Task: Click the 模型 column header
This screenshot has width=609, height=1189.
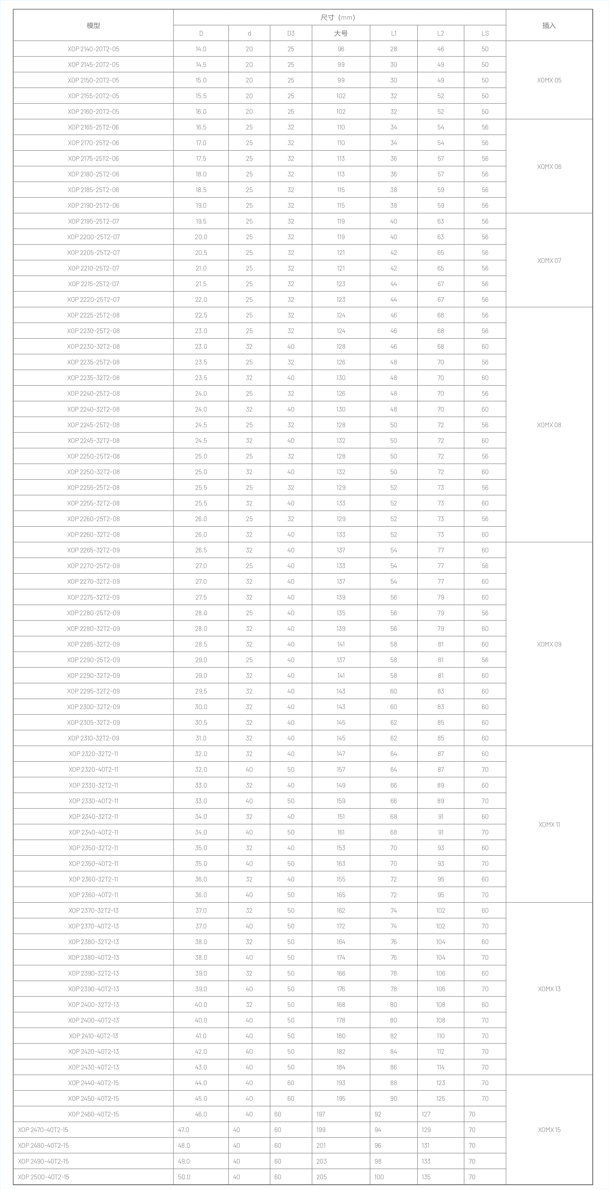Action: [93, 25]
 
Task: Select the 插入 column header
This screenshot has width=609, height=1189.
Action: [549, 25]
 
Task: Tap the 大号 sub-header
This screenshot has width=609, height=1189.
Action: [341, 33]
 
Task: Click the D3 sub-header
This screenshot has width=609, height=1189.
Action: [291, 33]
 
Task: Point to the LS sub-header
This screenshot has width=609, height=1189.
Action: [485, 33]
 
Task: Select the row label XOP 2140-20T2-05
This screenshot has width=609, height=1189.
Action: [93, 49]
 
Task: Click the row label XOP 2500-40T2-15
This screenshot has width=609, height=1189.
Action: [43, 1177]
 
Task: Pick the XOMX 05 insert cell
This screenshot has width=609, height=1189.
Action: [549, 80]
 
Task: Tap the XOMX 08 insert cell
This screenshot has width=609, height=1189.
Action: [549, 425]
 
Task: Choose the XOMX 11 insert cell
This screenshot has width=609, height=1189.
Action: [549, 824]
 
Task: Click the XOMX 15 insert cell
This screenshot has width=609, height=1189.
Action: [549, 1129]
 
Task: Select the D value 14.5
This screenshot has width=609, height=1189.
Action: [201, 65]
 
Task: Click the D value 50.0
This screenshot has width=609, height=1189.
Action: [184, 1177]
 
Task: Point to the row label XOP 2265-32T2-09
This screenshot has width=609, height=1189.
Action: [93, 550]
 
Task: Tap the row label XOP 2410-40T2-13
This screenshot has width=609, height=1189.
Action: [93, 1036]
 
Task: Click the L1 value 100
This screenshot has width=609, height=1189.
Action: [379, 1177]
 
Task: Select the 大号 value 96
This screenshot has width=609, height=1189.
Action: [341, 49]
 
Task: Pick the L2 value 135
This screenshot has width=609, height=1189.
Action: [426, 1177]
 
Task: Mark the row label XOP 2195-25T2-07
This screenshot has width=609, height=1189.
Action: [93, 221]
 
